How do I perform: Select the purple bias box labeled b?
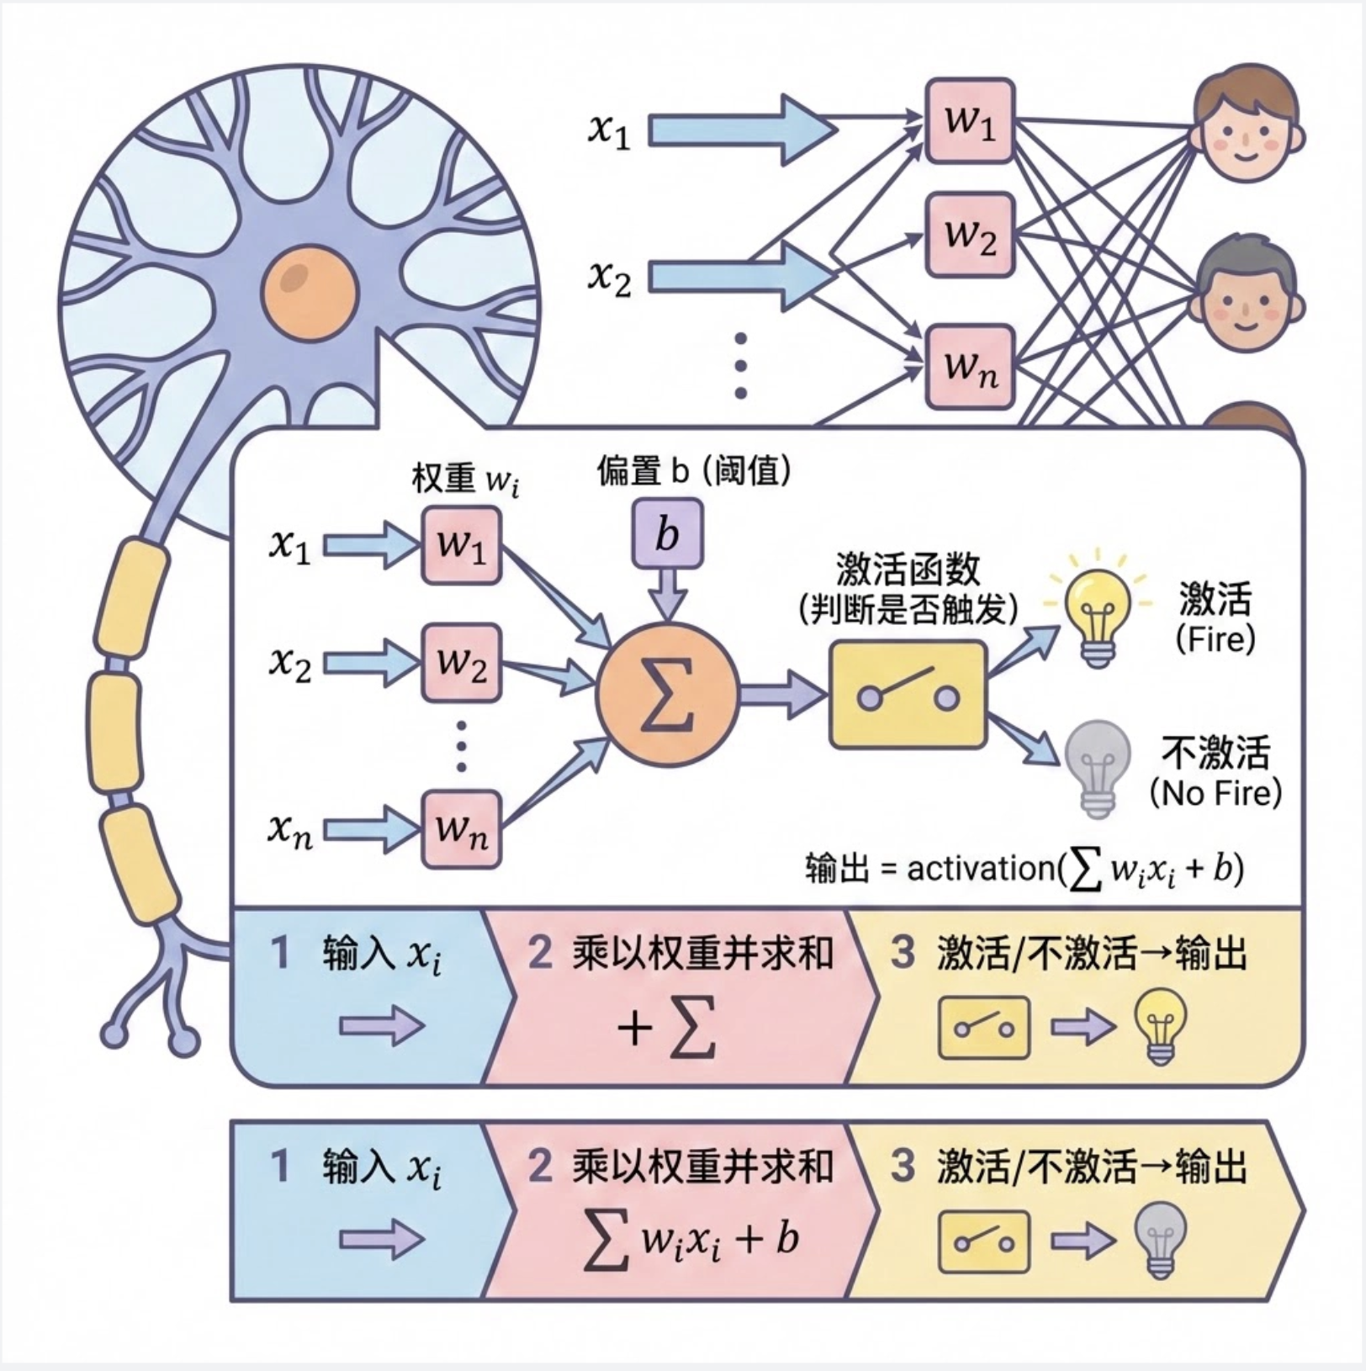click(x=667, y=534)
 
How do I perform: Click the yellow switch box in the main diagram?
click(x=908, y=694)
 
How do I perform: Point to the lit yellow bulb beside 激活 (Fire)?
click(x=1096, y=608)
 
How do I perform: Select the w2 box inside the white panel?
click(x=461, y=664)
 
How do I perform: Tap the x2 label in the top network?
click(x=609, y=278)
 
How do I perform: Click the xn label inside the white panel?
click(x=290, y=830)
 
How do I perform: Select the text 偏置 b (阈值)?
click(x=694, y=471)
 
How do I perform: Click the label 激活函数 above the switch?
click(x=908, y=569)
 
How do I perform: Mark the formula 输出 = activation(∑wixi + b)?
click(x=1024, y=868)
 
